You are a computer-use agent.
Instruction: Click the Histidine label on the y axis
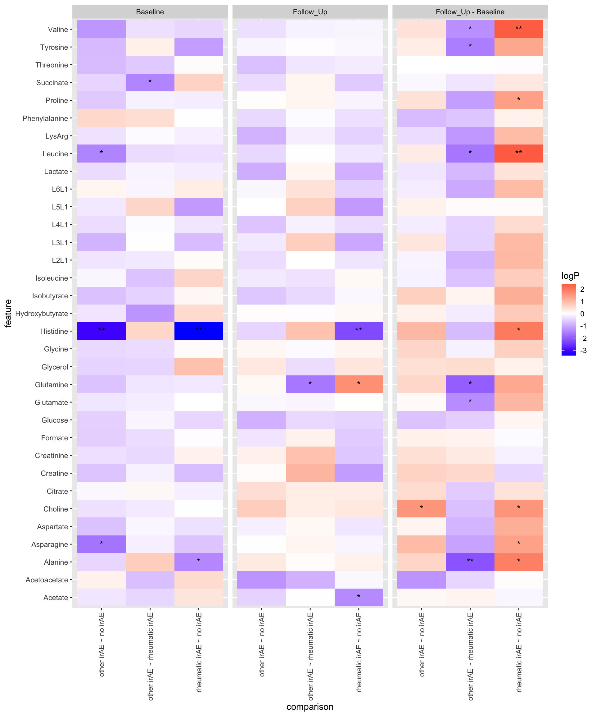[x=54, y=331]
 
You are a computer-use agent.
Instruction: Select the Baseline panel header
[x=150, y=12]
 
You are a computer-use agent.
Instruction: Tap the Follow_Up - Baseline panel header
[x=470, y=12]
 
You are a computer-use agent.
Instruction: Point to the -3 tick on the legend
[x=583, y=351]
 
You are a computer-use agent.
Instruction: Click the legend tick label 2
[x=582, y=289]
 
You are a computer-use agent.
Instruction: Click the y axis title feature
[x=8, y=313]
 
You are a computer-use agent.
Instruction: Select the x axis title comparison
[x=310, y=707]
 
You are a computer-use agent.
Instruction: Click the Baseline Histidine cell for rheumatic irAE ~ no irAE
[x=199, y=331]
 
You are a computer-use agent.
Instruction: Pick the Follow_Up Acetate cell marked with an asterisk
[x=359, y=597]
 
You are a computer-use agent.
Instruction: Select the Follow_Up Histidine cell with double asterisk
[x=359, y=331]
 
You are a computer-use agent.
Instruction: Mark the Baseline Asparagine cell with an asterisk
[x=102, y=544]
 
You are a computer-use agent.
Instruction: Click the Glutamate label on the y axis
[x=51, y=402]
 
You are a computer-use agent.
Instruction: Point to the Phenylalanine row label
[x=45, y=118]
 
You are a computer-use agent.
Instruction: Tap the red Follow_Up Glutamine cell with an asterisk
[x=359, y=384]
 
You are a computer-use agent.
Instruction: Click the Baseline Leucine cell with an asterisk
[x=102, y=154]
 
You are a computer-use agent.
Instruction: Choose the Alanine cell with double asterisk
[x=470, y=562]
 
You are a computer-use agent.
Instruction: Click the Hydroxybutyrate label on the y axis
[x=42, y=313]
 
